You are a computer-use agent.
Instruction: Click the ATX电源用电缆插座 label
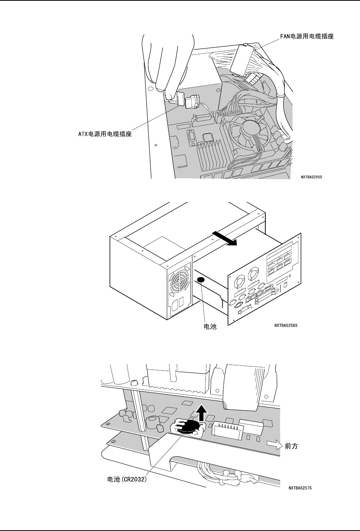coord(102,134)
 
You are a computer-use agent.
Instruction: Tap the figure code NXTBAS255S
coord(312,177)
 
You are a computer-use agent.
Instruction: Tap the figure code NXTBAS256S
coord(286,325)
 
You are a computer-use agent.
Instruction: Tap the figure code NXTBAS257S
coord(300,488)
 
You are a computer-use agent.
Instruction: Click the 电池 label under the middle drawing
coord(209,327)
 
